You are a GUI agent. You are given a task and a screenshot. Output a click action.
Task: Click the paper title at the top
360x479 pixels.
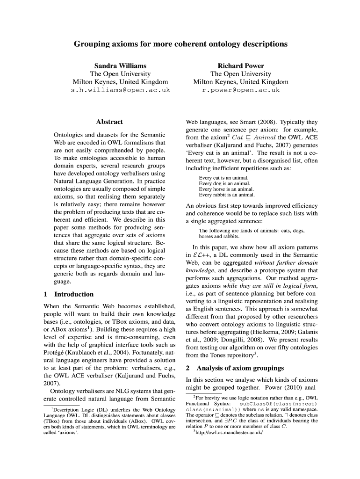(180, 44)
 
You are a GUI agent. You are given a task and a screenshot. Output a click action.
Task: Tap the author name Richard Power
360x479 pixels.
(241, 66)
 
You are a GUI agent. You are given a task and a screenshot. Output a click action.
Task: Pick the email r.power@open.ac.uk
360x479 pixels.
(241, 90)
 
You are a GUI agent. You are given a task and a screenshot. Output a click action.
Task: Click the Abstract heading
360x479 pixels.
(109, 122)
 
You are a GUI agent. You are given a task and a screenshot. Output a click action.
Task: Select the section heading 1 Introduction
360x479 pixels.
(68, 294)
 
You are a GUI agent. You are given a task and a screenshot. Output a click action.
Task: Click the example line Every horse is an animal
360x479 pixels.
(226, 189)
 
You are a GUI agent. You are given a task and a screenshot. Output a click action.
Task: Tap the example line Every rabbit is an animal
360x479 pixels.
(227, 195)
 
